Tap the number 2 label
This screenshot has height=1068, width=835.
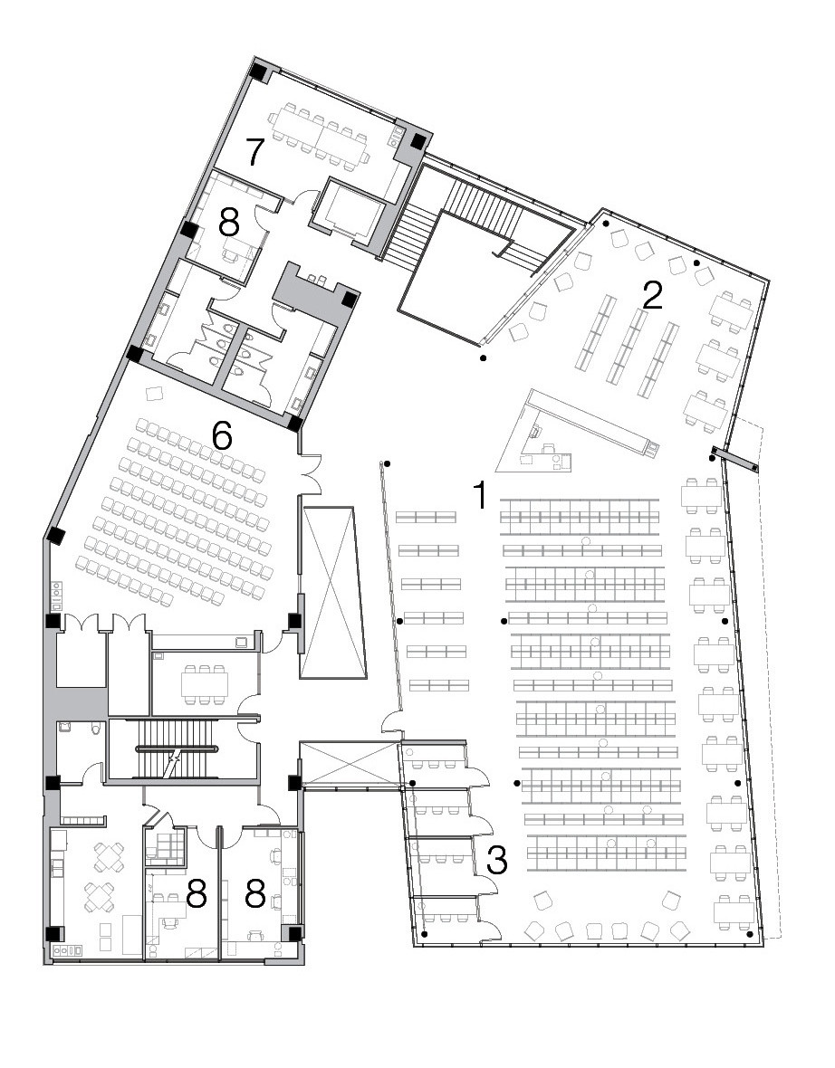click(x=650, y=294)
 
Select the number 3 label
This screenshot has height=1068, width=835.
click(x=495, y=859)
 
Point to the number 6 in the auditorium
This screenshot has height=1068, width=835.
click(x=222, y=436)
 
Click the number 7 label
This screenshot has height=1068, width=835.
click(x=254, y=152)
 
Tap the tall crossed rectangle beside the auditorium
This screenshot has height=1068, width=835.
click(x=335, y=592)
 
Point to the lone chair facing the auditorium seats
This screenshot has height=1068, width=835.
click(x=155, y=394)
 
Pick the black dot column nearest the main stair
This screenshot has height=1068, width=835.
click(x=484, y=359)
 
